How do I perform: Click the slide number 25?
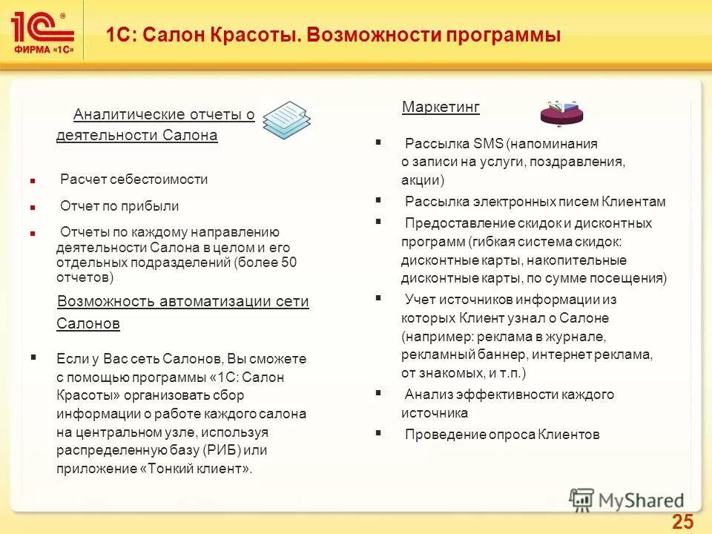(x=682, y=521)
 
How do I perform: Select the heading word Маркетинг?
(x=441, y=108)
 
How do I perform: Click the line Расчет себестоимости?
(x=133, y=179)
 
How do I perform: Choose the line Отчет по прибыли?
(x=119, y=206)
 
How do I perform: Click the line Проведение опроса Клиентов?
(x=501, y=435)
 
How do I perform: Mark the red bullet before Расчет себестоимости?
(x=33, y=180)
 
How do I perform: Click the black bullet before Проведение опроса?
(x=378, y=433)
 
